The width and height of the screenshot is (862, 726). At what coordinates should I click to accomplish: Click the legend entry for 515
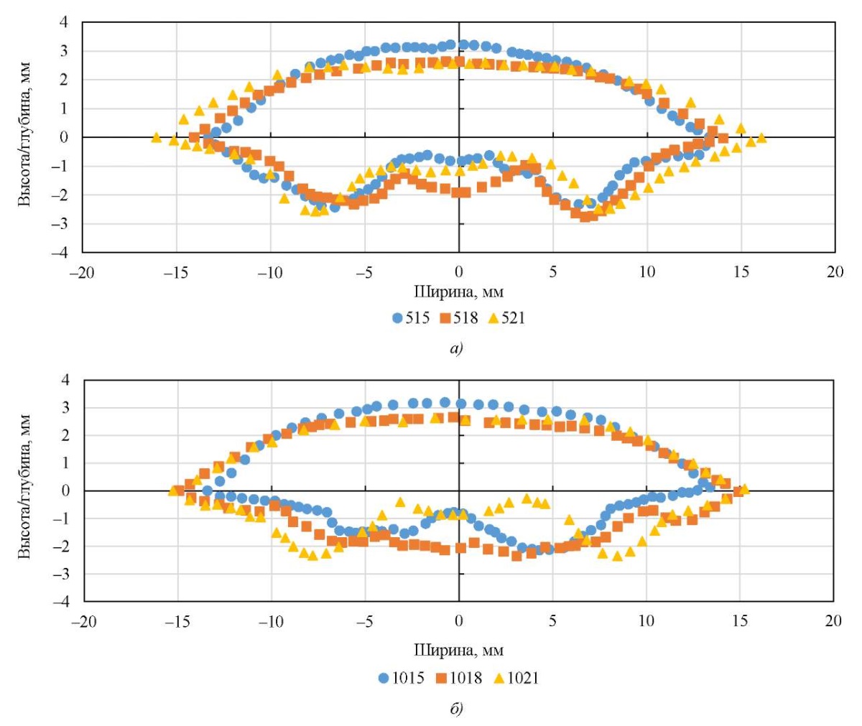tap(412, 317)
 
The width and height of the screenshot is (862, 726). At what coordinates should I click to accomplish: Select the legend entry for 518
tap(459, 317)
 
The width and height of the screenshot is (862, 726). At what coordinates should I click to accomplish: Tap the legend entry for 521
tap(507, 317)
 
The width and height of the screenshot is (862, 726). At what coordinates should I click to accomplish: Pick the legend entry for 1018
tap(459, 678)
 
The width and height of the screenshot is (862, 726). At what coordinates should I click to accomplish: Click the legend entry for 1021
tap(515, 678)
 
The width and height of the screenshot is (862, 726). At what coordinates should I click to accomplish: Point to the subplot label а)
tap(458, 349)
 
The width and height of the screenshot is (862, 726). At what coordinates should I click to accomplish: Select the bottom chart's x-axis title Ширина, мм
tap(458, 651)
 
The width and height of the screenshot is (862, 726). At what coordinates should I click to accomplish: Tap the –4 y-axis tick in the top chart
tap(64, 253)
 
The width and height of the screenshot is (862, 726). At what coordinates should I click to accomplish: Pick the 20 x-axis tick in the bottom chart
tap(833, 620)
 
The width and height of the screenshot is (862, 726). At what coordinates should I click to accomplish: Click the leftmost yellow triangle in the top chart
tap(156, 137)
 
